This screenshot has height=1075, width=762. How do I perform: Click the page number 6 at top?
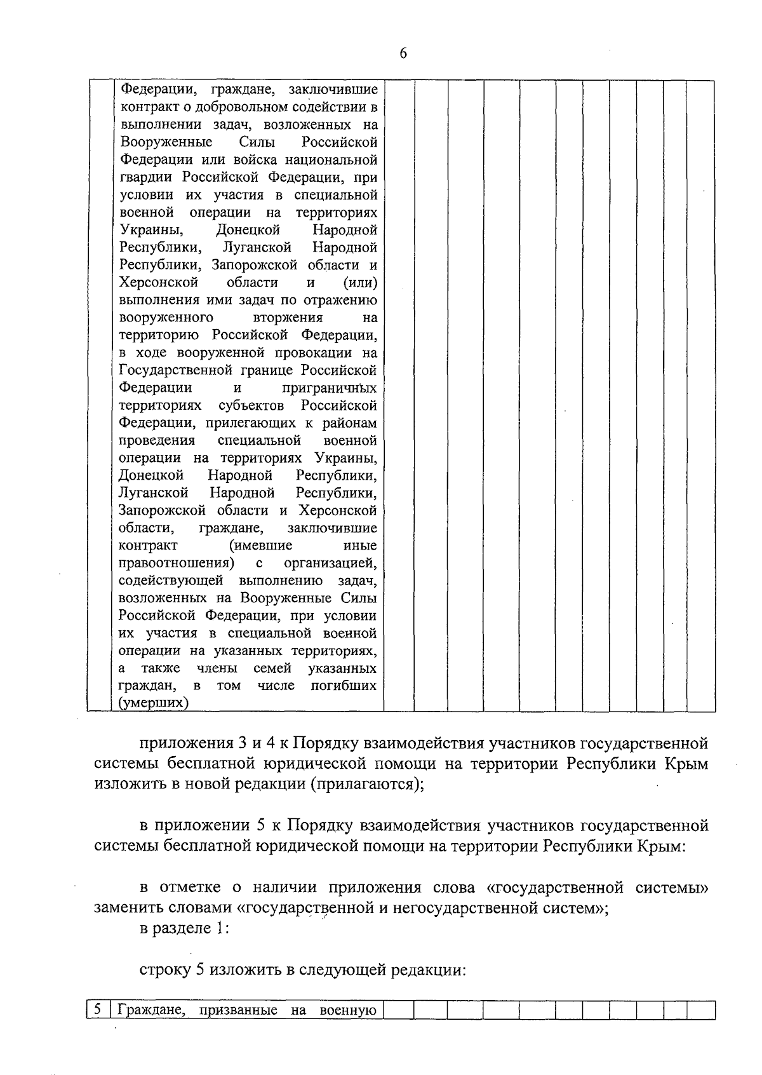(403, 53)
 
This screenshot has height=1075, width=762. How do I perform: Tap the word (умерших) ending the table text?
(154, 703)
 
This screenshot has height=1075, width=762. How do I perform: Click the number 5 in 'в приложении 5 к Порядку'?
(260, 826)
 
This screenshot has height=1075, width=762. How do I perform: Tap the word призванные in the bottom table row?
(238, 1010)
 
